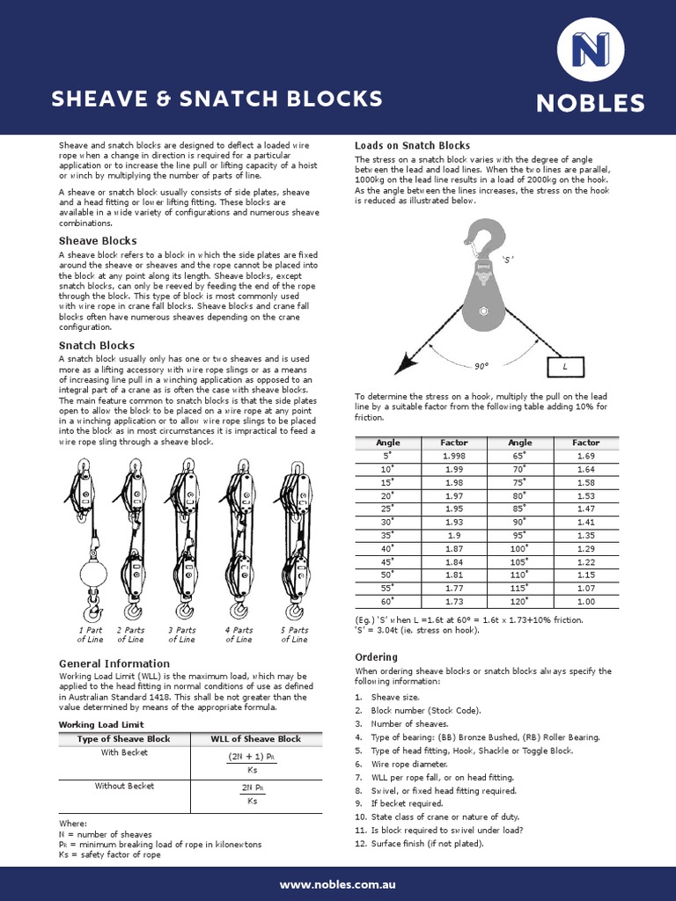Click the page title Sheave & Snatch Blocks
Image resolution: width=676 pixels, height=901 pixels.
pos(217,99)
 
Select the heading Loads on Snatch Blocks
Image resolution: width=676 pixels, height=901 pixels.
pos(412,145)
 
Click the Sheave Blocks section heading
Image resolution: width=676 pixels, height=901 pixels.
pos(98,240)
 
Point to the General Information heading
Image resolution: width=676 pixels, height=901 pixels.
pos(114,663)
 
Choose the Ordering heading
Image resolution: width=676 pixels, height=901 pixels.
pos(377,657)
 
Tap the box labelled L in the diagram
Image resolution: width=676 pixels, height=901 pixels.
pos(564,364)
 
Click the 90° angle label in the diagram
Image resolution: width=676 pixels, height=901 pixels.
pos(481,365)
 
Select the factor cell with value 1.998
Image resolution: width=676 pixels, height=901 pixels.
pos(454,456)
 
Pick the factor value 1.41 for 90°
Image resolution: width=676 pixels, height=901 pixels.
pos(585,522)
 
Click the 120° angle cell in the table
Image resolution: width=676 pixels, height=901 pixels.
pos(519,601)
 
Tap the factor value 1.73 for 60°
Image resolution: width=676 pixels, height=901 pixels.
pos(454,601)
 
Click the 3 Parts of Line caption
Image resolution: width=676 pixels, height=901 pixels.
pos(181,634)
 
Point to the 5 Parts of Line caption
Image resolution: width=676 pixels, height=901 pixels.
pos(294,634)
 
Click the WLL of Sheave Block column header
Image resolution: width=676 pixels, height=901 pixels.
pos(255,739)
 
